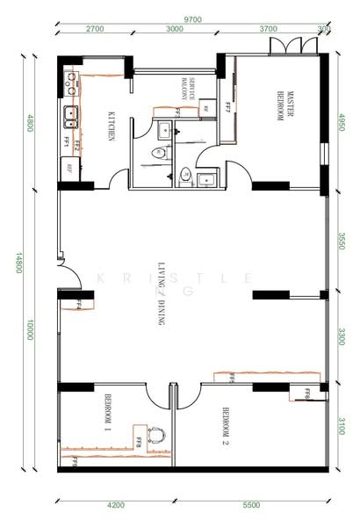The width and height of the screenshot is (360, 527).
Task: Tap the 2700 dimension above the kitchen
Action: pyautogui.click(x=95, y=29)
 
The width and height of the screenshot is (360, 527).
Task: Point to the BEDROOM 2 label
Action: pyautogui.click(x=226, y=423)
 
